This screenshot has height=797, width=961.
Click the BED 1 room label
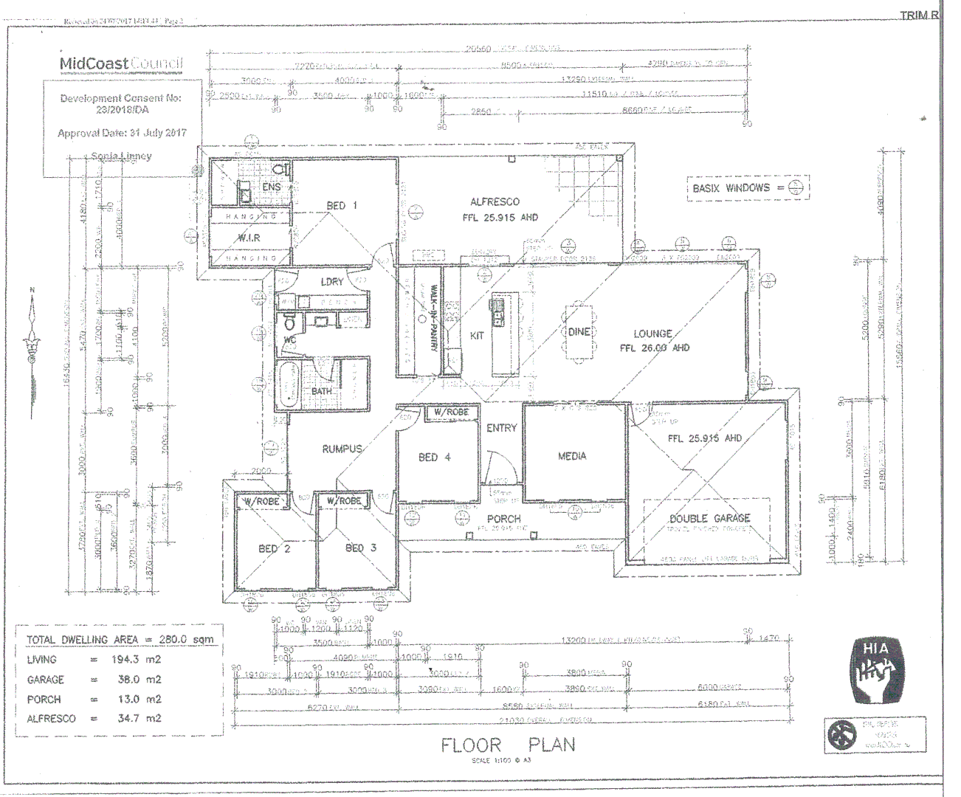342,205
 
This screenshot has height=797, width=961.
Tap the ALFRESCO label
495,201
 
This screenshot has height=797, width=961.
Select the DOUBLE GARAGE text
709,518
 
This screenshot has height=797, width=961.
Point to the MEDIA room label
572,456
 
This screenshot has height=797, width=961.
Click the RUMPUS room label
342,449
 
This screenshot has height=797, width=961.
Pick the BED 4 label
434,458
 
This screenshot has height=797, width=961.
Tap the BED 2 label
274,548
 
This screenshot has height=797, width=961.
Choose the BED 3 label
361,548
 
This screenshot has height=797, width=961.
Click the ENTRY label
501,428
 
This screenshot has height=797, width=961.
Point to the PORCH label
503,519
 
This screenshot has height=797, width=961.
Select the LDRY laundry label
332,282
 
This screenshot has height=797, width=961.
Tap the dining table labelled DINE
579,333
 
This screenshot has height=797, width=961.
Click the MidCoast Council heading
120,63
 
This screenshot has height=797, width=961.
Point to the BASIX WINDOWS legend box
747,188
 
